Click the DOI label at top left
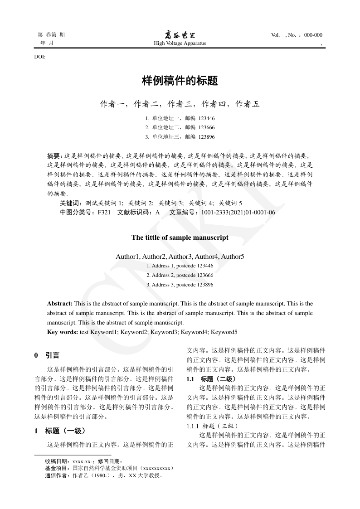tap(39, 57)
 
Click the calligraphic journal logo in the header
tap(180, 35)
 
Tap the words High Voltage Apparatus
tap(180, 44)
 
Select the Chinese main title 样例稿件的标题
tap(180, 81)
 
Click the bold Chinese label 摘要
tap(56, 155)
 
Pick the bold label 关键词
tap(71, 203)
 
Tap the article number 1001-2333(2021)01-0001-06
tap(238, 212)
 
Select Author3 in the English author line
tap(180, 257)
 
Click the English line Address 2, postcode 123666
tap(180, 275)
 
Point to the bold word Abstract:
tap(60, 303)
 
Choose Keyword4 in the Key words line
tap(195, 332)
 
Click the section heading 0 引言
tap(47, 355)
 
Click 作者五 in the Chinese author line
tap(248, 104)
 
